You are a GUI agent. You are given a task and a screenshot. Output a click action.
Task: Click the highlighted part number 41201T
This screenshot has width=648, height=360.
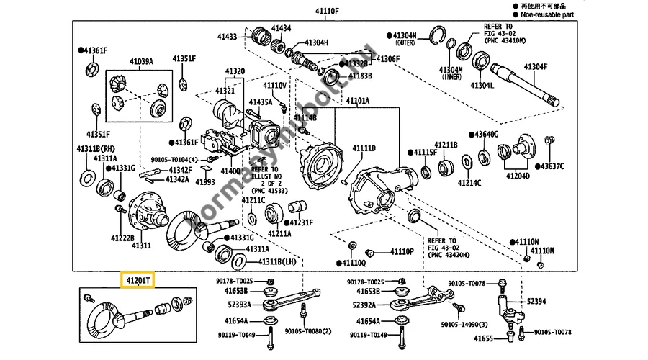point(136,279)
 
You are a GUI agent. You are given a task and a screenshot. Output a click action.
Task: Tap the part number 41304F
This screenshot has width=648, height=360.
point(535,66)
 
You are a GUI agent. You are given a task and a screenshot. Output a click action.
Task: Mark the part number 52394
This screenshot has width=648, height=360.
point(537,301)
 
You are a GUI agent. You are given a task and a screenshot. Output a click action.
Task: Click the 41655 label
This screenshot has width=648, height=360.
point(485,338)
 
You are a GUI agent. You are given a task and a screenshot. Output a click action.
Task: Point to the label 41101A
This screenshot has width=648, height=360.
point(357,101)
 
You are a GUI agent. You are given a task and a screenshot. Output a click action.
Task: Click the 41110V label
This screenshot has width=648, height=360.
point(274,85)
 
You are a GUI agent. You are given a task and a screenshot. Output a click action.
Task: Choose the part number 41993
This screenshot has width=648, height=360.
point(205,182)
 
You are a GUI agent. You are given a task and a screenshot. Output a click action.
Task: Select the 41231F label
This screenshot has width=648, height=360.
point(302,222)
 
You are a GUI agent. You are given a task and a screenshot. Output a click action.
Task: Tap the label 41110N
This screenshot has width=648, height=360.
point(526,240)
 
